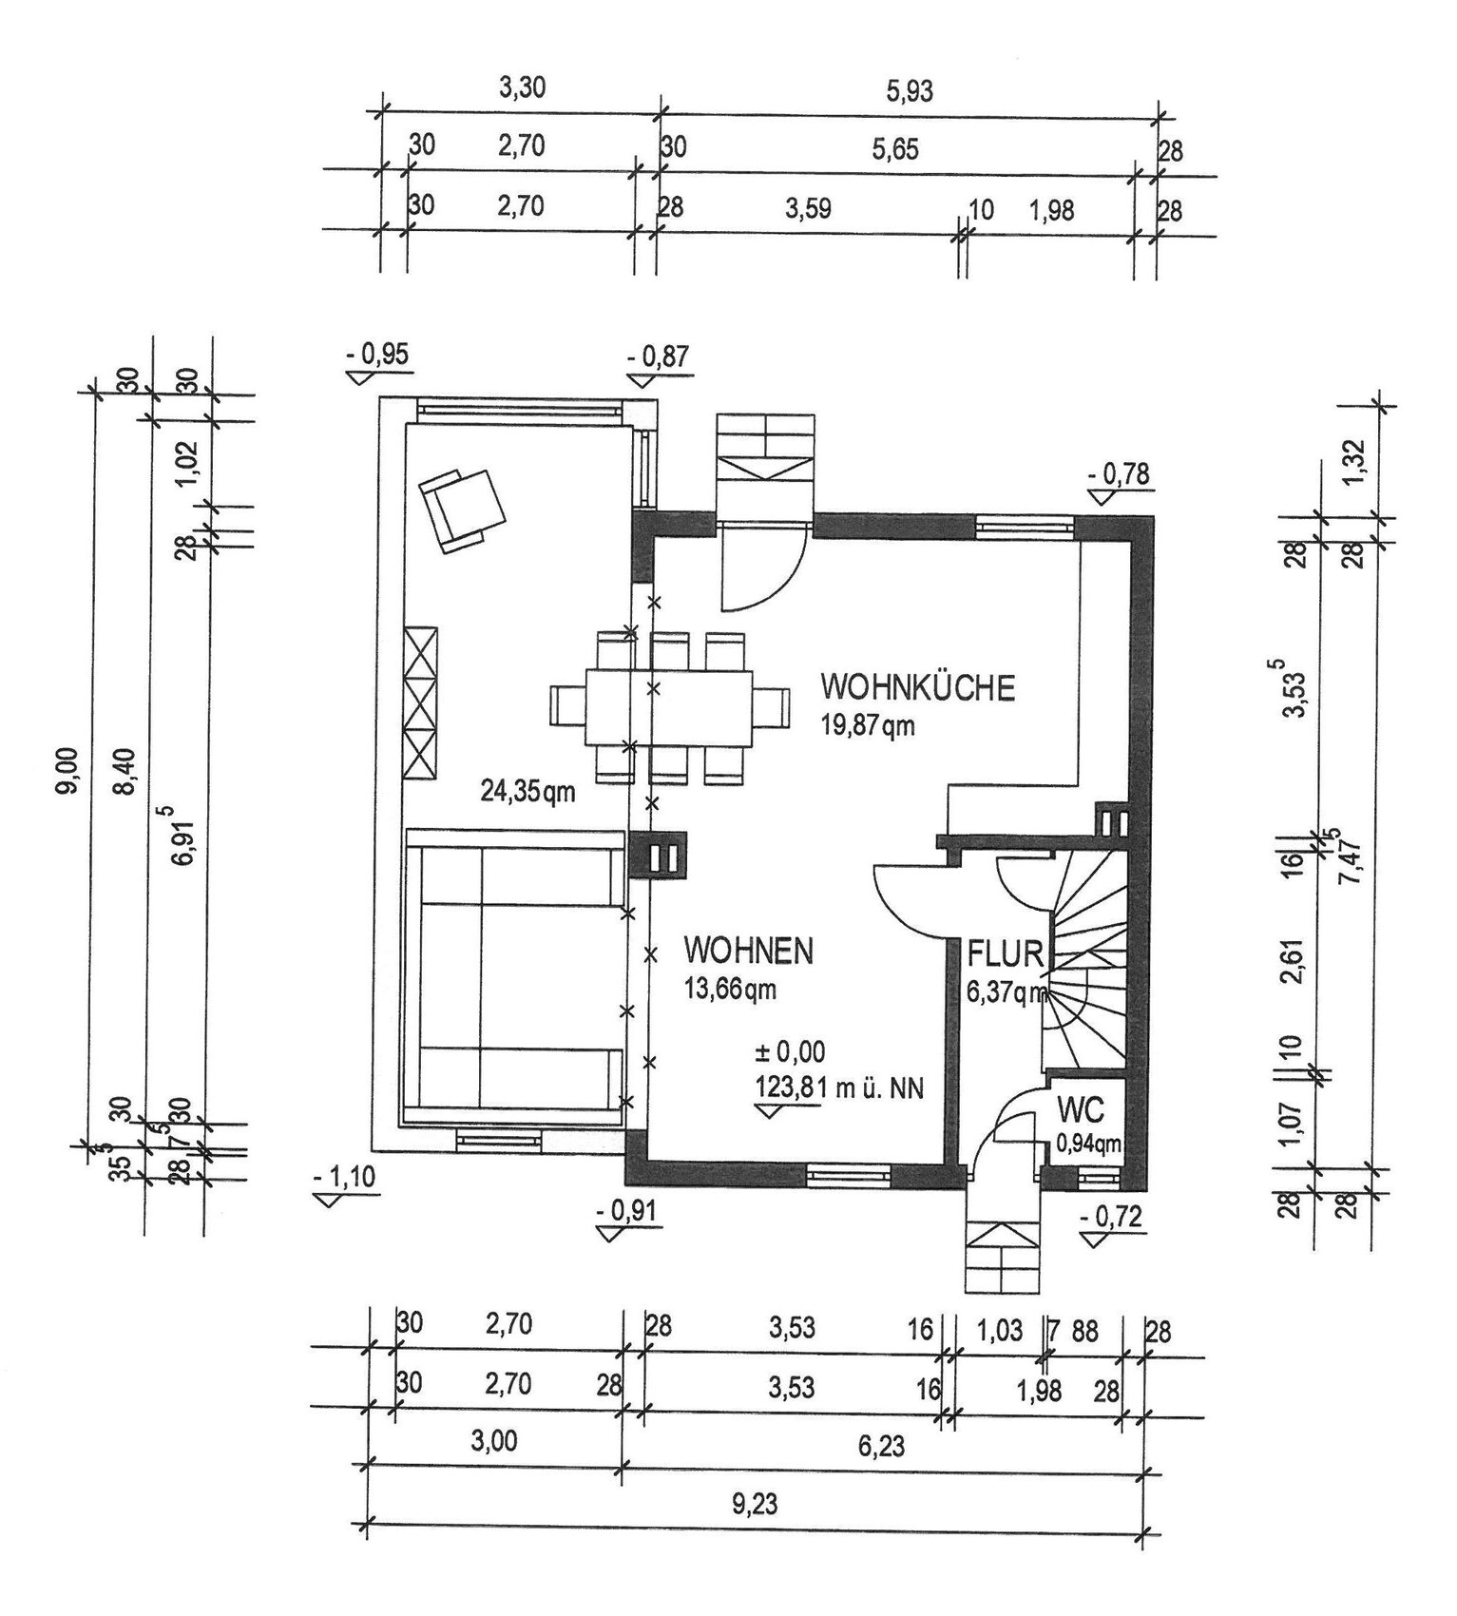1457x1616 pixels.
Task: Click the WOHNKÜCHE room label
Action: pyautogui.click(x=917, y=687)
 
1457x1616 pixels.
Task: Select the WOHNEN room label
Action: pyautogui.click(x=749, y=951)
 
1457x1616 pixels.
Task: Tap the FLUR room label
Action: pyautogui.click(x=1005, y=953)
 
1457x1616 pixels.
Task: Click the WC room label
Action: pyautogui.click(x=1081, y=1110)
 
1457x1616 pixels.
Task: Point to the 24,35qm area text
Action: pyautogui.click(x=527, y=791)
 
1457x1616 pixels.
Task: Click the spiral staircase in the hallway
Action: pyautogui.click(x=1086, y=960)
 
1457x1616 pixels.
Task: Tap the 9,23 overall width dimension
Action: pyautogui.click(x=754, y=1505)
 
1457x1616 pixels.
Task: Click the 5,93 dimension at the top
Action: pyautogui.click(x=910, y=91)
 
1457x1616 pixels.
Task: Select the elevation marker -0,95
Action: pyautogui.click(x=377, y=355)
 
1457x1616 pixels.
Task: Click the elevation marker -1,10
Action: pyautogui.click(x=344, y=1178)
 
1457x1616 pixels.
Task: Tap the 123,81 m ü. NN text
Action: pyautogui.click(x=838, y=1087)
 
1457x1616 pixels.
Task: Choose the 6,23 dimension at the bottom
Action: pyautogui.click(x=881, y=1447)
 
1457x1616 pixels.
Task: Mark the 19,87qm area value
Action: pyautogui.click(x=867, y=726)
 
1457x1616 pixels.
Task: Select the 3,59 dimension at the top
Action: pyautogui.click(x=807, y=208)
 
